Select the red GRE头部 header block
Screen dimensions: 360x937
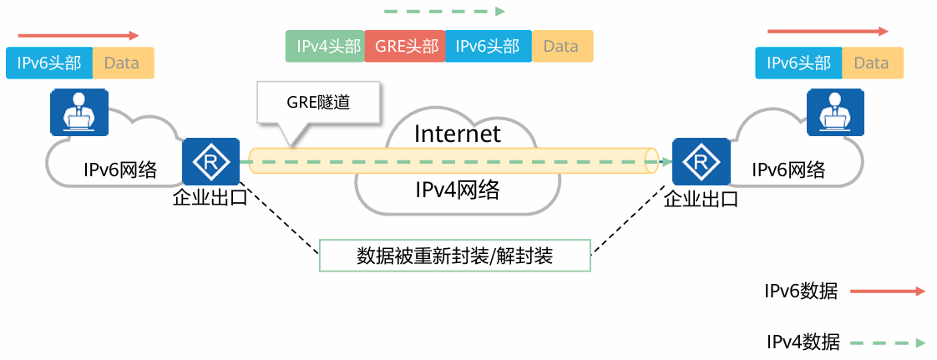click(x=406, y=47)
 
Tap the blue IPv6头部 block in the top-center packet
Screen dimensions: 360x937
click(x=489, y=47)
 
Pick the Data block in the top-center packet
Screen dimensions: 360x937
click(x=561, y=47)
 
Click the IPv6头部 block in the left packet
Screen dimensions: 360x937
click(x=49, y=63)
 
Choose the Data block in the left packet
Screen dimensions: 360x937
click(x=122, y=63)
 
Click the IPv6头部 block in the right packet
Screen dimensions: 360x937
click(x=799, y=63)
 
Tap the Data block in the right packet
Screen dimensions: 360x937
click(x=871, y=63)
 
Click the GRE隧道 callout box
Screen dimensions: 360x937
click(x=318, y=104)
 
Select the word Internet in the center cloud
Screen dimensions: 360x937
click(x=458, y=134)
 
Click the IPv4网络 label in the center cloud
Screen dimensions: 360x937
click(x=458, y=190)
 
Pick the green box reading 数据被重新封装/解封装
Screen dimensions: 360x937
click(x=455, y=256)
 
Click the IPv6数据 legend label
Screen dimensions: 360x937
click(x=801, y=292)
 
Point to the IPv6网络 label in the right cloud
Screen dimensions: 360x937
click(x=788, y=170)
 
